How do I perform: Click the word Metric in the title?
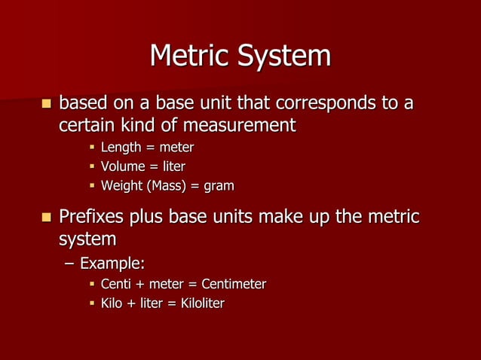point(191,56)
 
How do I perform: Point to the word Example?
point(113,264)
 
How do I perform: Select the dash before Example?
point(69,264)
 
